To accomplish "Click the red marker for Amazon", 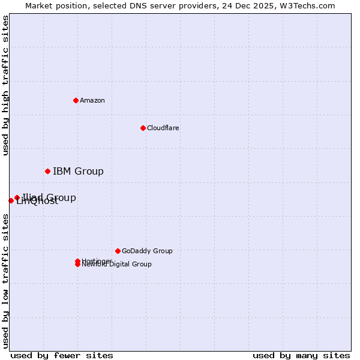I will coord(76,100).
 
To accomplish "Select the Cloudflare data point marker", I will coord(143,128).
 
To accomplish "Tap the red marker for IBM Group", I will coord(47,172).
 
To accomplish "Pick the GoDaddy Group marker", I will coord(118,251).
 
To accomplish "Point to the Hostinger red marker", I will coord(77,261).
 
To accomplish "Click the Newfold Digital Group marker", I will coord(77,265).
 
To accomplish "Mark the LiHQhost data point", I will coord(11,200).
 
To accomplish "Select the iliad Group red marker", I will coord(17,197).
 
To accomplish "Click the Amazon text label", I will coord(92,100).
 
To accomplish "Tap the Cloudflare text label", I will coord(163,128).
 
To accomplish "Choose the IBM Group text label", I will coord(78,172).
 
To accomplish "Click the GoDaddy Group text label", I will coord(147,251).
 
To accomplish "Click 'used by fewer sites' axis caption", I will coord(62,355).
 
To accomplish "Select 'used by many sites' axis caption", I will coord(301,355).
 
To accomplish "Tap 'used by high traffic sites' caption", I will coord(6,85).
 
